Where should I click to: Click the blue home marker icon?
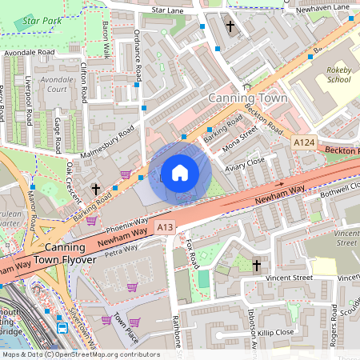[x=179, y=172]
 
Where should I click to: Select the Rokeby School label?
[x=338, y=74]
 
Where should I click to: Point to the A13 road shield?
[x=165, y=227]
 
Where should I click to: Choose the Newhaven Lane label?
[x=330, y=7]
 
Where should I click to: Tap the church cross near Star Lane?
[x=230, y=26]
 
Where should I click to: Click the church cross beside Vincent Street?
[x=257, y=265]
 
